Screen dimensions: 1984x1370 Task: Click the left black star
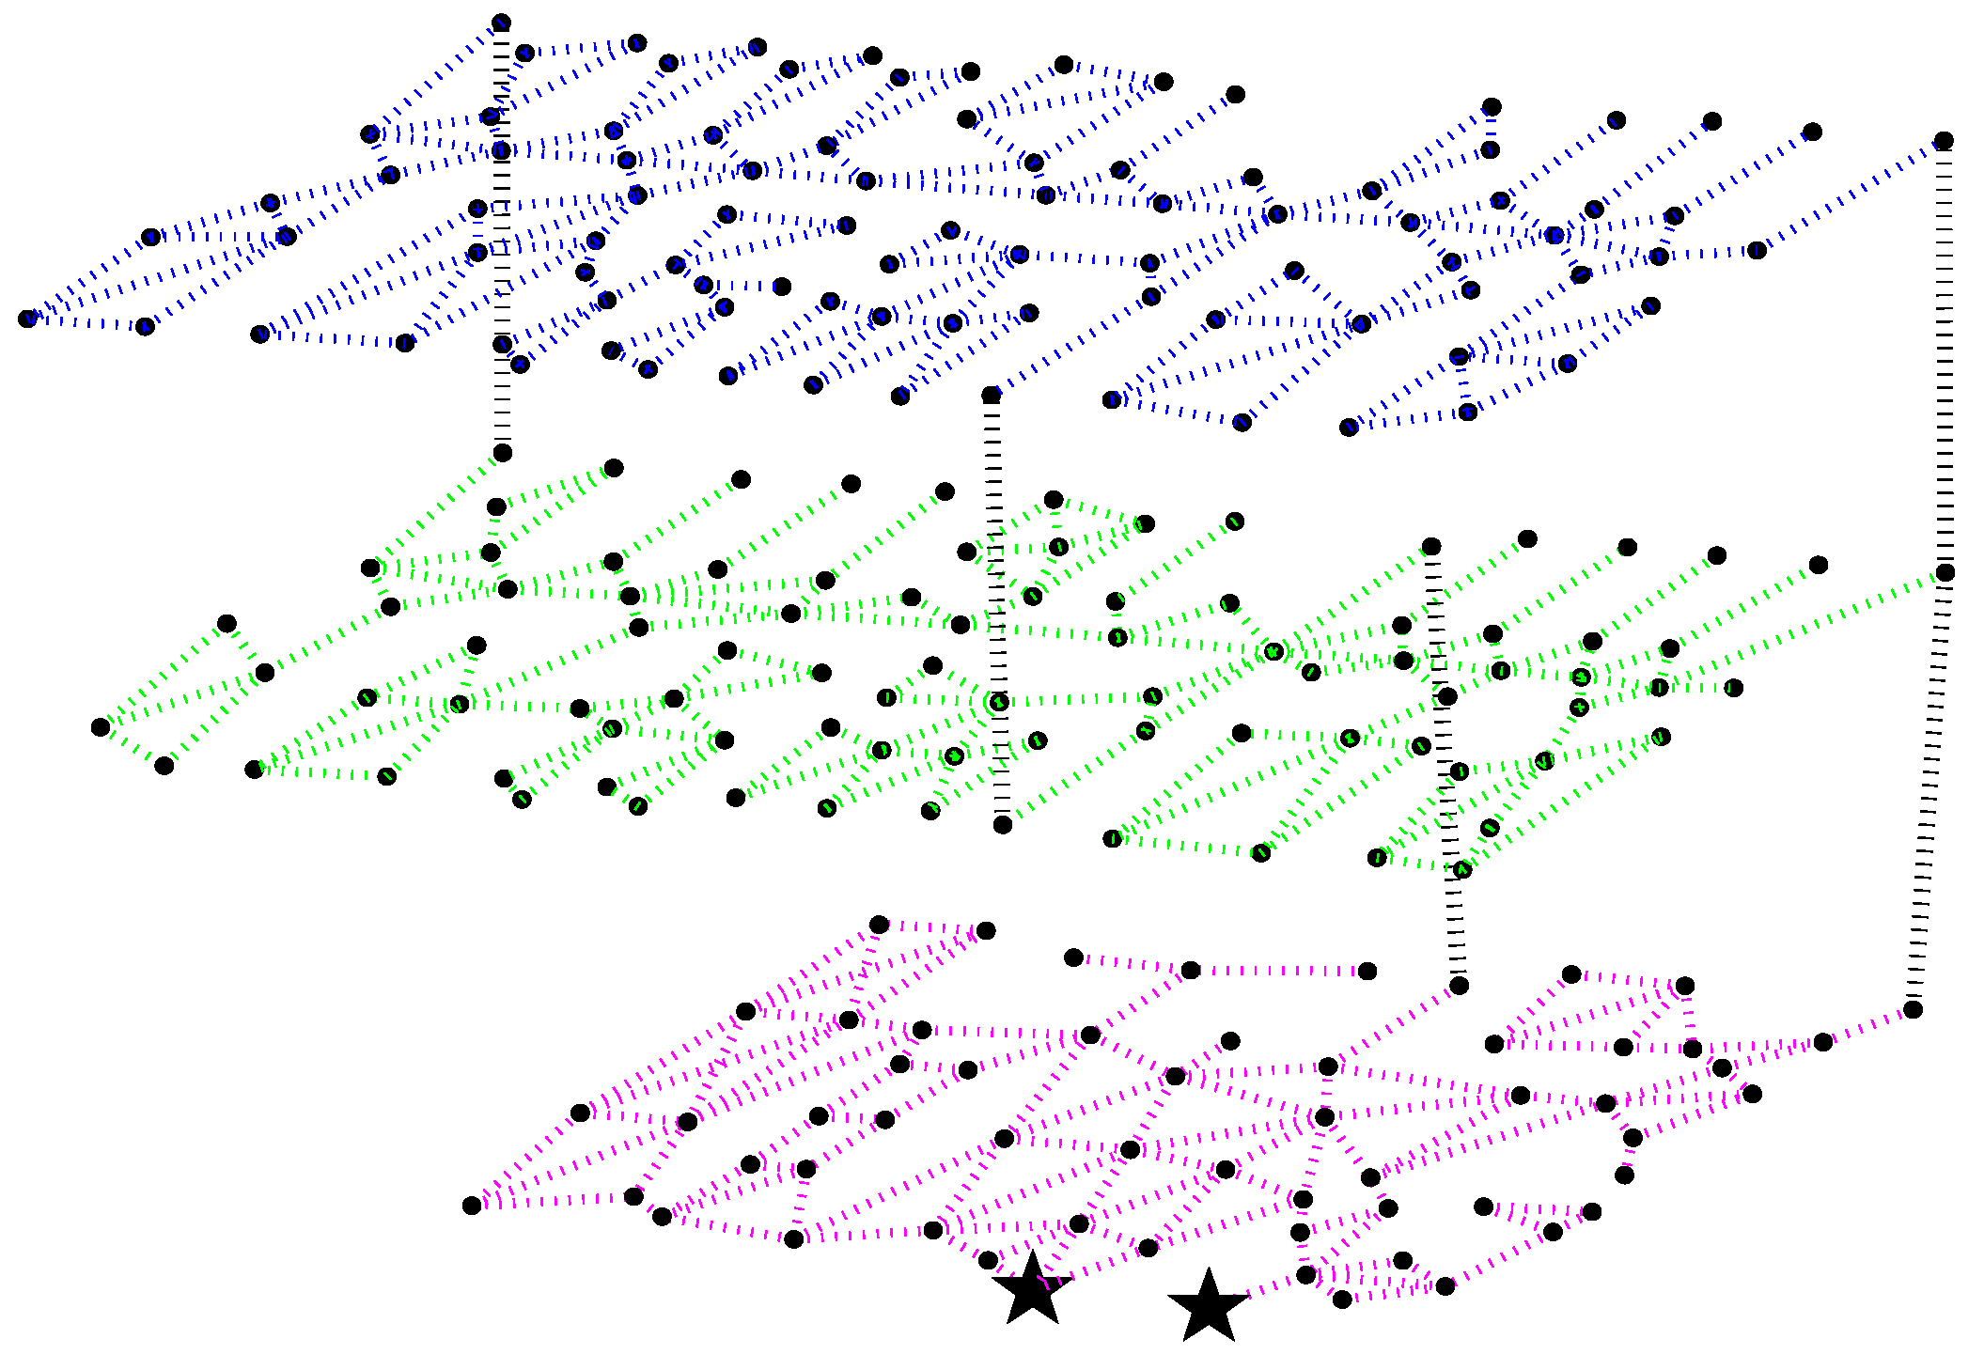pos(1032,1289)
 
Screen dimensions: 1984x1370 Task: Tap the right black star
pos(1208,1306)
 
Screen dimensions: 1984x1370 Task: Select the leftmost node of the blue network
pos(27,319)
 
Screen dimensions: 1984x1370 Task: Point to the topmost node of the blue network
pos(501,23)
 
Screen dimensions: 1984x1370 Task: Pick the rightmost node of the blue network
pos(1944,141)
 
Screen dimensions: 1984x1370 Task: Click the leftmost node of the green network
pos(101,726)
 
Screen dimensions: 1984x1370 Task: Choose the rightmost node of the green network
pos(1945,572)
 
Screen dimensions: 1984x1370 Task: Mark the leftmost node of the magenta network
pos(472,1206)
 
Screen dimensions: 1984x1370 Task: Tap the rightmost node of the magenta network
pos(1913,1010)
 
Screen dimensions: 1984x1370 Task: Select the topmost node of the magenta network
pos(879,925)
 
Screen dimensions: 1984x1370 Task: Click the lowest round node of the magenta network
pos(1342,1299)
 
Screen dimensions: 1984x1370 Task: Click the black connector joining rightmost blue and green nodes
pos(1945,357)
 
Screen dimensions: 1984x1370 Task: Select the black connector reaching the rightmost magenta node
pos(1929,789)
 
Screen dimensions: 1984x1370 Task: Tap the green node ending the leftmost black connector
pos(503,453)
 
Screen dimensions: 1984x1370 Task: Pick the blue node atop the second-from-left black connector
pos(991,396)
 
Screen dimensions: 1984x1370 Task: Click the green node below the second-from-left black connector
pos(1003,824)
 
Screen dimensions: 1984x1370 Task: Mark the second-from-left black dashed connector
pos(996,611)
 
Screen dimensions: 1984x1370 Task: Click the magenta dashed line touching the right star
pos(1264,1287)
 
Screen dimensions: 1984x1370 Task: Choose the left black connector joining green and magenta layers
pos(1445,766)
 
